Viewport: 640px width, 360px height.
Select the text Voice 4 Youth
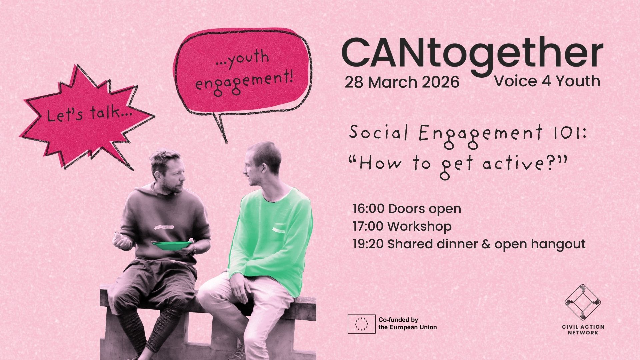(547, 81)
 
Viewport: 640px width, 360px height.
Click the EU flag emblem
(361, 324)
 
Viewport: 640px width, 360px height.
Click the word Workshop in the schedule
(420, 226)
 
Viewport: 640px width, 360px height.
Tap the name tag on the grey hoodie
(164, 228)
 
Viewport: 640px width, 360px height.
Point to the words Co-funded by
(398, 320)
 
